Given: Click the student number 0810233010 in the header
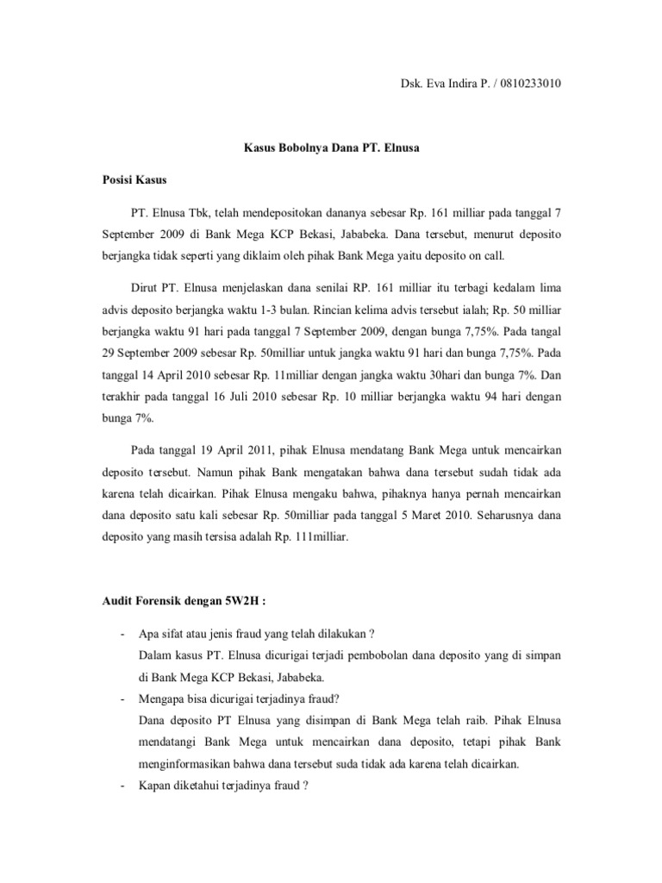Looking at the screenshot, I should (533, 83).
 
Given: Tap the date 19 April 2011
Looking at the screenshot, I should (228, 450).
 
